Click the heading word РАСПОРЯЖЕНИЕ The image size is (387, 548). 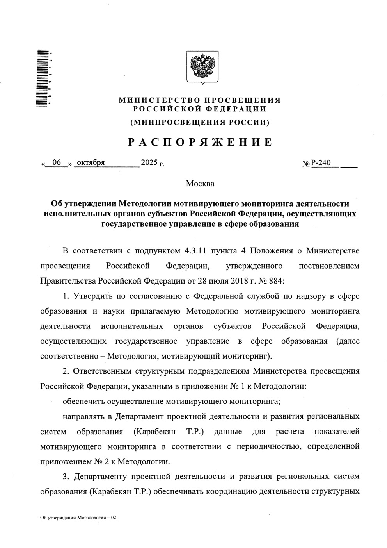tap(200, 142)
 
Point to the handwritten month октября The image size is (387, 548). tap(91, 163)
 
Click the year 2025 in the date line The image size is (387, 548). tap(148, 163)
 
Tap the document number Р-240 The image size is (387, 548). tap(321, 163)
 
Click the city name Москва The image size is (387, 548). tap(200, 183)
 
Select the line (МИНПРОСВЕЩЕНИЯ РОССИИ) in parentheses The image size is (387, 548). tap(200, 122)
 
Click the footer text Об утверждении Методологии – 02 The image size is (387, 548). tap(78, 518)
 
